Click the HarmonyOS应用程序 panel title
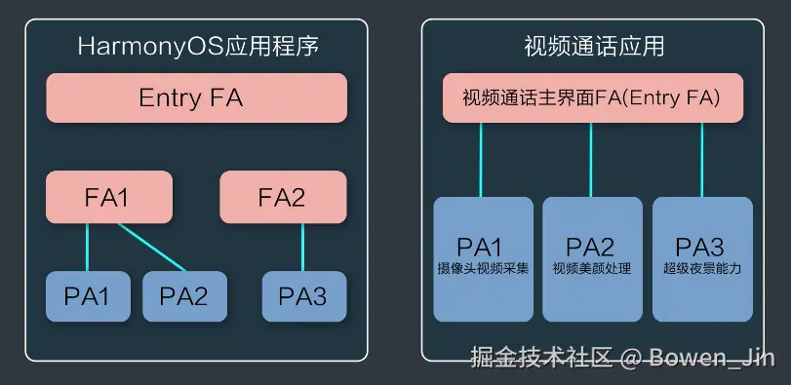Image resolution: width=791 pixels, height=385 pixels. point(198,47)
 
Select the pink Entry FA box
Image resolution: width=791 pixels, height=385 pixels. point(196,97)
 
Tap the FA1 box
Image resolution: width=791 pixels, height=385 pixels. point(109,197)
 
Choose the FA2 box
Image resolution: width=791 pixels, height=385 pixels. point(283,197)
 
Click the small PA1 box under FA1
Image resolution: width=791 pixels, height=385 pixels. point(88,296)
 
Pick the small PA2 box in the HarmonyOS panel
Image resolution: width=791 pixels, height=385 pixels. point(184,296)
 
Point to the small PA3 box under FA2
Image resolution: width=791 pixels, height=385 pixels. point(304,296)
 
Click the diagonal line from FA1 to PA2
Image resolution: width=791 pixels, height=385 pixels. point(151,247)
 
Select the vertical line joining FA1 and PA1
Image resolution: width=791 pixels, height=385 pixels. point(87,247)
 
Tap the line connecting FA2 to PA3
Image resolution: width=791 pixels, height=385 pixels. point(302,247)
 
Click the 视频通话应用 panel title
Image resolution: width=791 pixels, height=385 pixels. point(594,47)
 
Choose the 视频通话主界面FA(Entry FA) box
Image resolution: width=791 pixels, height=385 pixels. point(593,97)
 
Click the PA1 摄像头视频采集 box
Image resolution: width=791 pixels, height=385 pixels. point(483,259)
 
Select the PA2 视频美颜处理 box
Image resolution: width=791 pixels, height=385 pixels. point(592,259)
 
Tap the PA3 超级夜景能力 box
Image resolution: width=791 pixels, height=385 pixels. point(702,259)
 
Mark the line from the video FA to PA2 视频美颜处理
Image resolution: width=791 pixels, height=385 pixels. point(591,160)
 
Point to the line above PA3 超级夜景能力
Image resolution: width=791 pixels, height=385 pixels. point(701,160)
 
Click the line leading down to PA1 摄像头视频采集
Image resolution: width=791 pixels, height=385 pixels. point(481,160)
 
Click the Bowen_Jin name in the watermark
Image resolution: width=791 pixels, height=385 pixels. point(712,358)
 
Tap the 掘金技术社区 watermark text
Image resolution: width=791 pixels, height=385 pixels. point(541,358)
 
